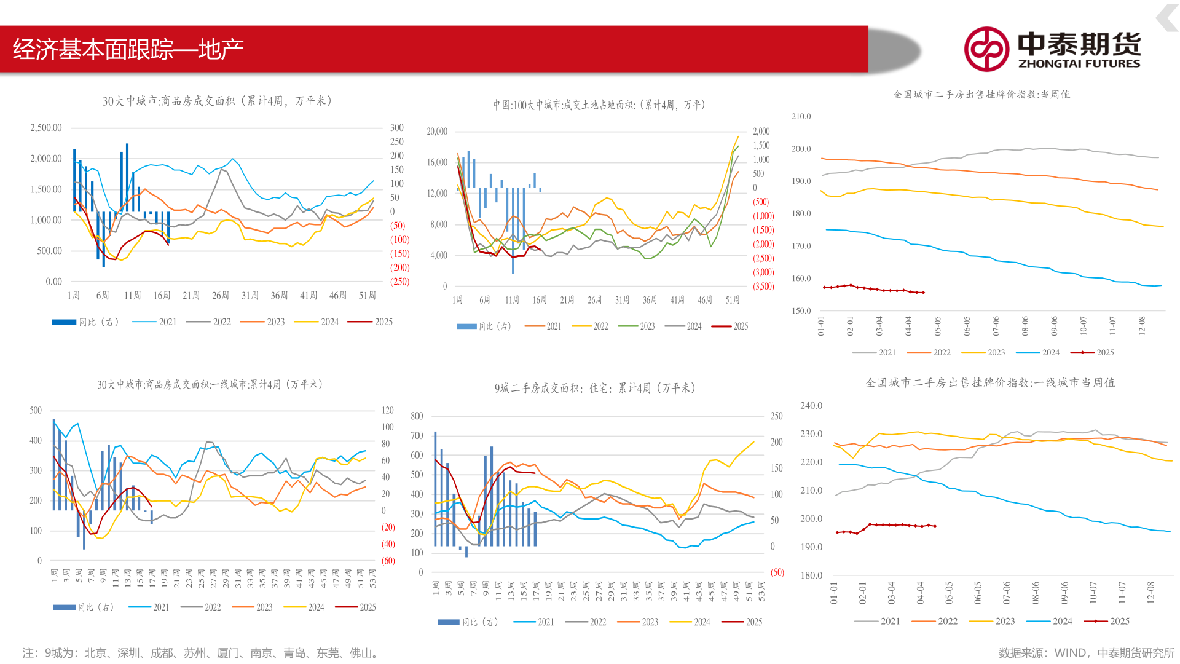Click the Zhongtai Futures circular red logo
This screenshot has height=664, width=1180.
coord(986,49)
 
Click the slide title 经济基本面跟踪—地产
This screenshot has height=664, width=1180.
coord(128,49)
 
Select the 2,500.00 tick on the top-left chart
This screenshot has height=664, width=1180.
coord(46,128)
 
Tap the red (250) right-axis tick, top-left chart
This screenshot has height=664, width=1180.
coord(399,282)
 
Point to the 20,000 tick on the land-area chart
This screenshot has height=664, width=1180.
coord(437,132)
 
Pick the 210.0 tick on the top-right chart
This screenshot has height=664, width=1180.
coord(801,116)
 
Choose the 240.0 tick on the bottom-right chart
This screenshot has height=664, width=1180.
coord(811,406)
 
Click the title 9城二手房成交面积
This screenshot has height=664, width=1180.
coord(594,389)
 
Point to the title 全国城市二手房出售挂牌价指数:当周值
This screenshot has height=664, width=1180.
coord(981,95)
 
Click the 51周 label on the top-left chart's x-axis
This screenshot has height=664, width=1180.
coord(367,296)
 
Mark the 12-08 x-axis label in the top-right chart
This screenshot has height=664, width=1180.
coord(1142,325)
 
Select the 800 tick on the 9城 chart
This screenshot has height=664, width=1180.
coord(417,416)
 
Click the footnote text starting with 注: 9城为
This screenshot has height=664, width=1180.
coord(200,653)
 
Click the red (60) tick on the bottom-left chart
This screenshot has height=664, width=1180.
coord(388,561)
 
